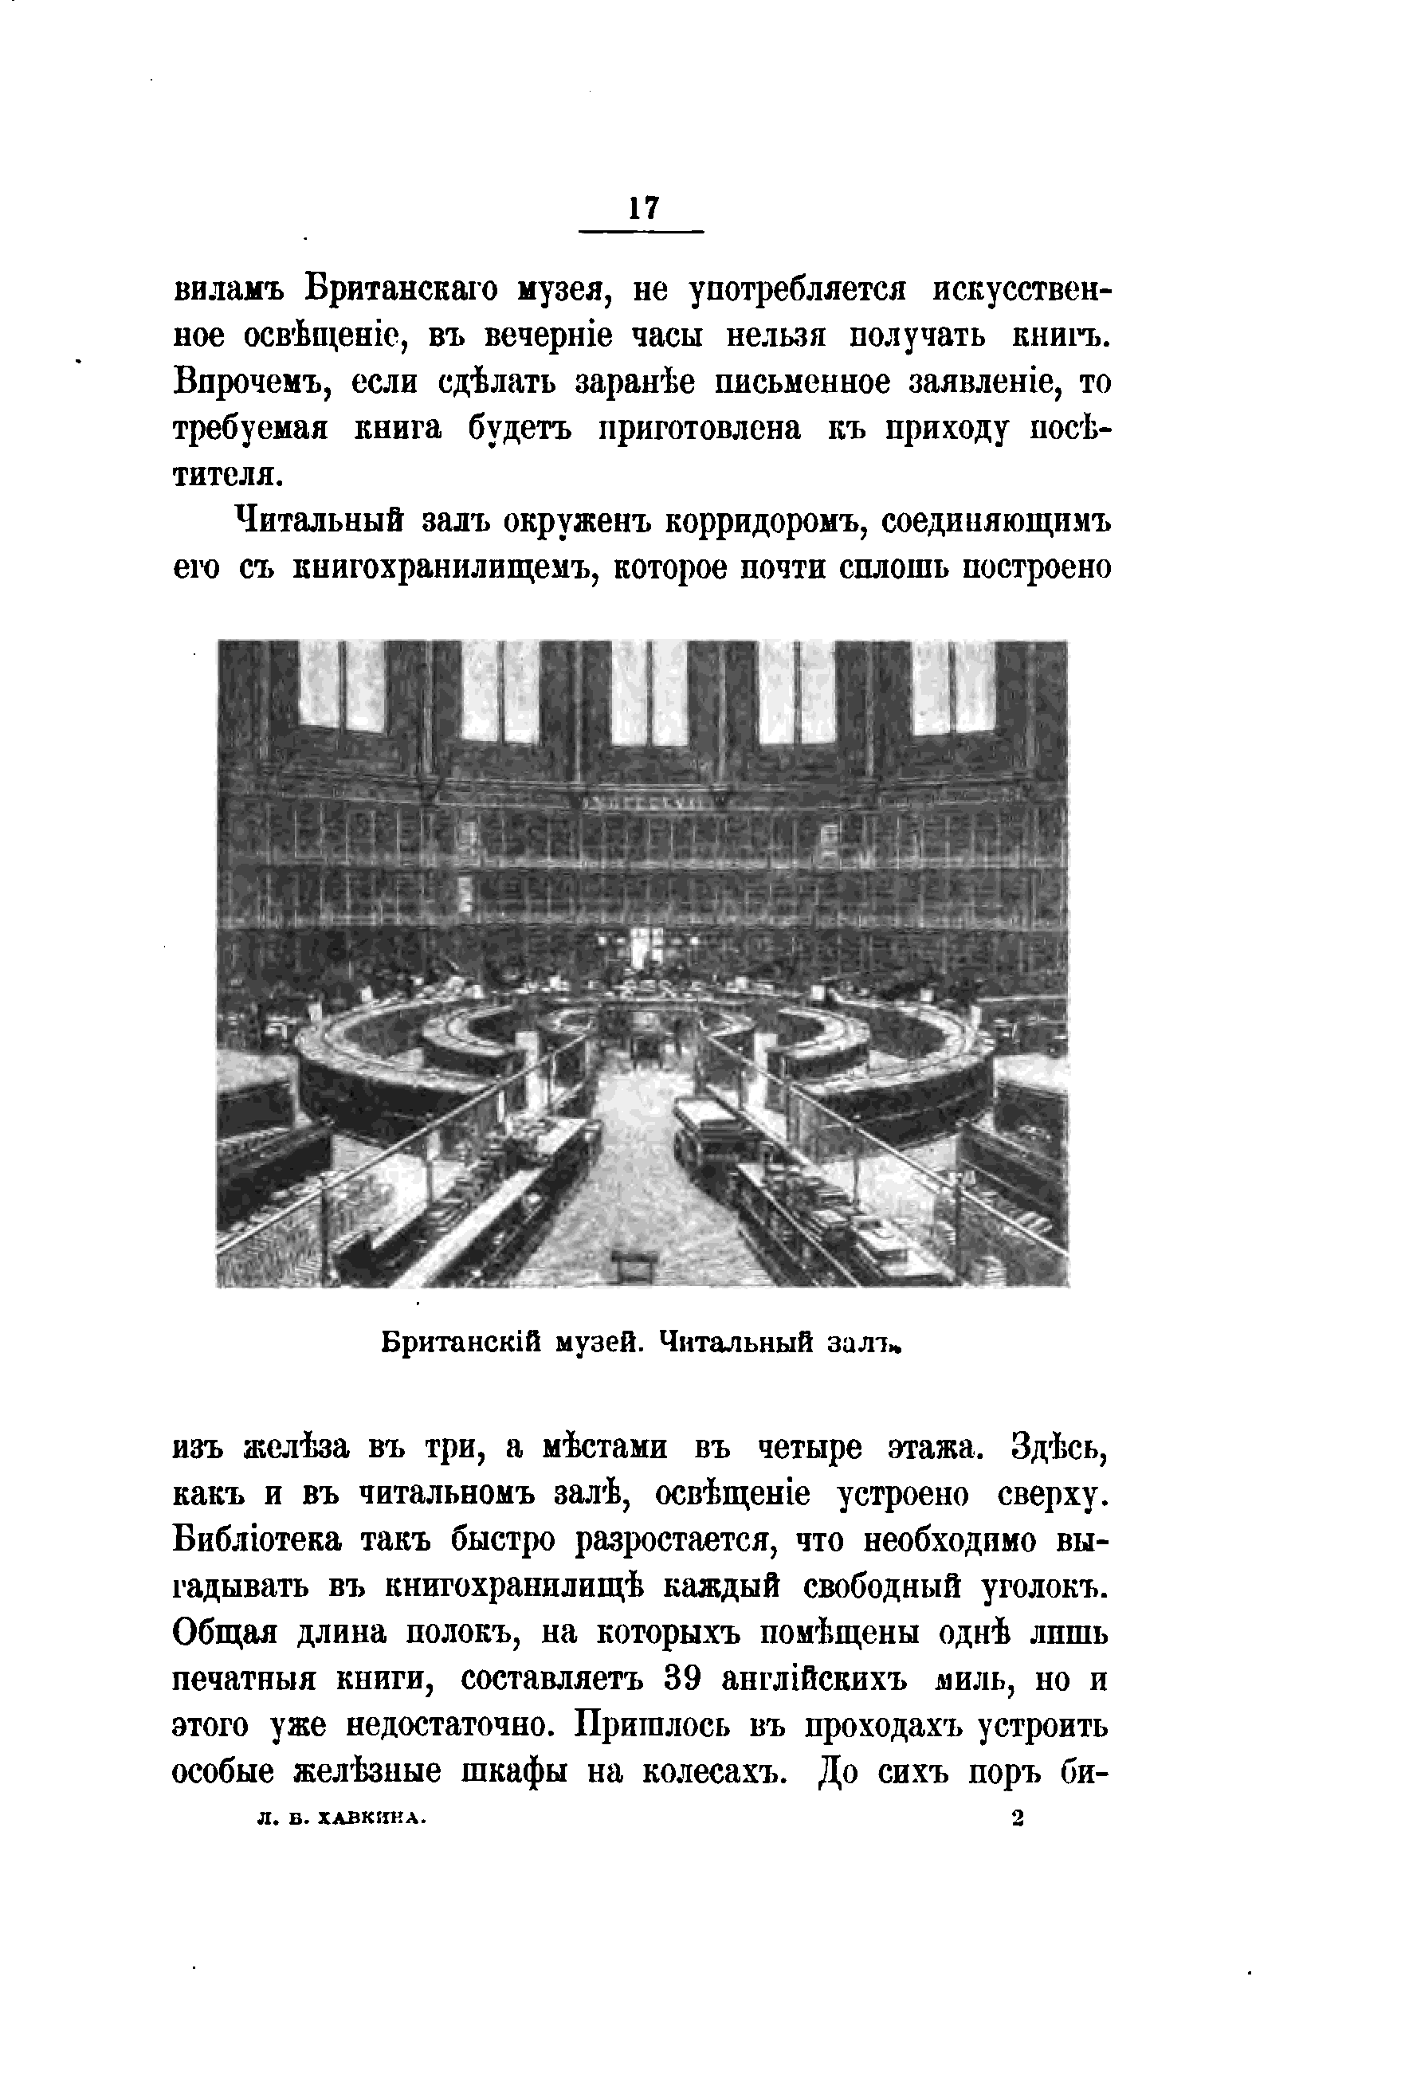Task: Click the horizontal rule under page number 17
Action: coord(642,233)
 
